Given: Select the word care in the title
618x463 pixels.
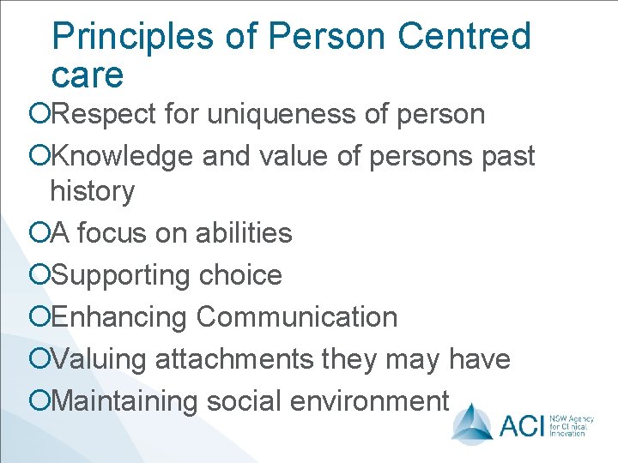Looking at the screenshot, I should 88,75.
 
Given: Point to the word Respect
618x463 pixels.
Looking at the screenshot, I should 110,114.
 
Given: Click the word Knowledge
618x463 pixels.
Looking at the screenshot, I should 123,156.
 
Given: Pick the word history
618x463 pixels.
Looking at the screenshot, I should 92,191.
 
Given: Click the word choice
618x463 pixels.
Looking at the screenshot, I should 240,275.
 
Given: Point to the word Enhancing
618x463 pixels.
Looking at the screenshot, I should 119,317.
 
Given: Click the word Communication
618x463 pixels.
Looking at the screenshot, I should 296,317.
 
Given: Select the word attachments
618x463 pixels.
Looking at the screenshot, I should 234,359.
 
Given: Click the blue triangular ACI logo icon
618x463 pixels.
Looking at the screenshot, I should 472,421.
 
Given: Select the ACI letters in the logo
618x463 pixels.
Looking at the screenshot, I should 518,424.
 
